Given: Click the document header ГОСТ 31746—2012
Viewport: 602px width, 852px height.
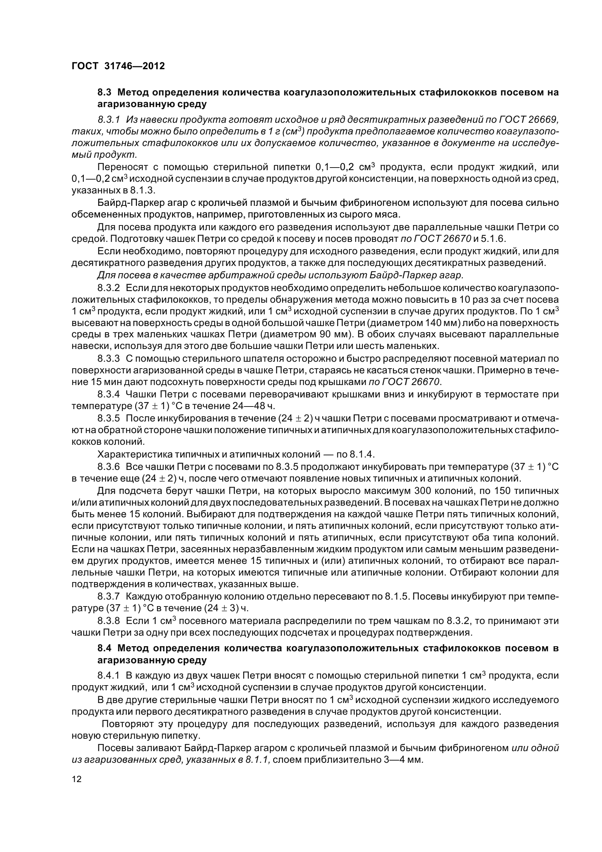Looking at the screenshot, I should coord(118,66).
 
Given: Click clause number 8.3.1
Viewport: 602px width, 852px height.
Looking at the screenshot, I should coord(109,119).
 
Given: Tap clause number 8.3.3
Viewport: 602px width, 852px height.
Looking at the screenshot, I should coord(109,358).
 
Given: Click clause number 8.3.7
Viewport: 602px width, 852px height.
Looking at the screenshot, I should coord(109,596).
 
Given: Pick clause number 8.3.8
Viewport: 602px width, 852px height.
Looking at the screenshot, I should coord(109,620).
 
